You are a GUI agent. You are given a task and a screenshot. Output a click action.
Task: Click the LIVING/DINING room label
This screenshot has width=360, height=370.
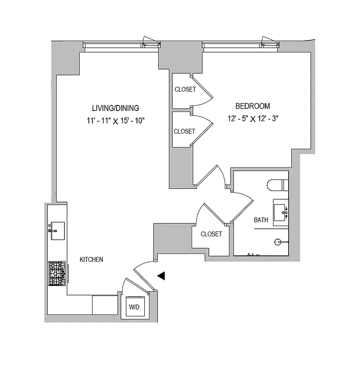[115, 108]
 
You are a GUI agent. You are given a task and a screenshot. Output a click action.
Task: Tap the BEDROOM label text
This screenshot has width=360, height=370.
[252, 106]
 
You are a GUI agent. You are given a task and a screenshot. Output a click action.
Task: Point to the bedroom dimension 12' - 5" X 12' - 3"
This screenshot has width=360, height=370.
[252, 118]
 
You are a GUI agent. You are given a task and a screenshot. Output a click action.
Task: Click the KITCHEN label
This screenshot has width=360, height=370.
[91, 260]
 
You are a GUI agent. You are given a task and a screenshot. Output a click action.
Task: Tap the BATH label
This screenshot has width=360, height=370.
[261, 220]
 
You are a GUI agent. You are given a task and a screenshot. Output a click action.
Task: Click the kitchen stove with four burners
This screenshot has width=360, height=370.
[57, 273]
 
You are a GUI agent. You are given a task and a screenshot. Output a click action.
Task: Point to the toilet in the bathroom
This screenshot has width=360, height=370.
[278, 185]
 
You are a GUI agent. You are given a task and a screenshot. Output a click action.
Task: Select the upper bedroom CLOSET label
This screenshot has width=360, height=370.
[185, 90]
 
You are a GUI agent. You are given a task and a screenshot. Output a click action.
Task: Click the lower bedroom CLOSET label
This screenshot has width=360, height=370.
[184, 131]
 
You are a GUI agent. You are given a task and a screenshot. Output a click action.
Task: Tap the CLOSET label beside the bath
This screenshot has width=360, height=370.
[211, 234]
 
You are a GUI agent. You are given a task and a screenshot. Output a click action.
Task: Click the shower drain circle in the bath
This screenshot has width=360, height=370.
[278, 241]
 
